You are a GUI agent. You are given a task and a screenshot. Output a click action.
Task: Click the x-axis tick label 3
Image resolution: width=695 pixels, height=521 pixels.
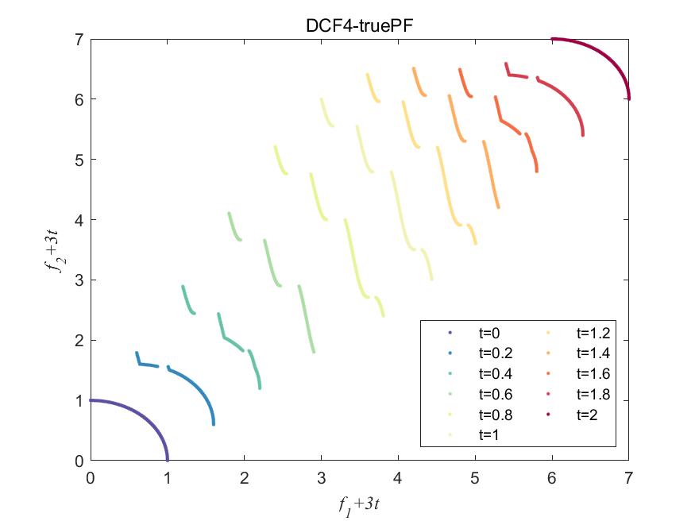coord(321,477)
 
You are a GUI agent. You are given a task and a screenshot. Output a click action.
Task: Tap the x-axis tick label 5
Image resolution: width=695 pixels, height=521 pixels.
coord(475,477)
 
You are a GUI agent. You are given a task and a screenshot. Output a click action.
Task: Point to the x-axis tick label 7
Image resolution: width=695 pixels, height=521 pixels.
coord(628,477)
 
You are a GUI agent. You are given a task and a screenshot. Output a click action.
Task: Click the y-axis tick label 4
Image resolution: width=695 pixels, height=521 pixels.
coord(79,220)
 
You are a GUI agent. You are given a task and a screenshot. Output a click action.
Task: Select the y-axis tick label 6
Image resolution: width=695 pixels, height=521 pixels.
coord(79,99)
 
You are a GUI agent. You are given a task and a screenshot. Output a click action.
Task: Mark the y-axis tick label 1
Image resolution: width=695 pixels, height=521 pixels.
coord(79,401)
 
